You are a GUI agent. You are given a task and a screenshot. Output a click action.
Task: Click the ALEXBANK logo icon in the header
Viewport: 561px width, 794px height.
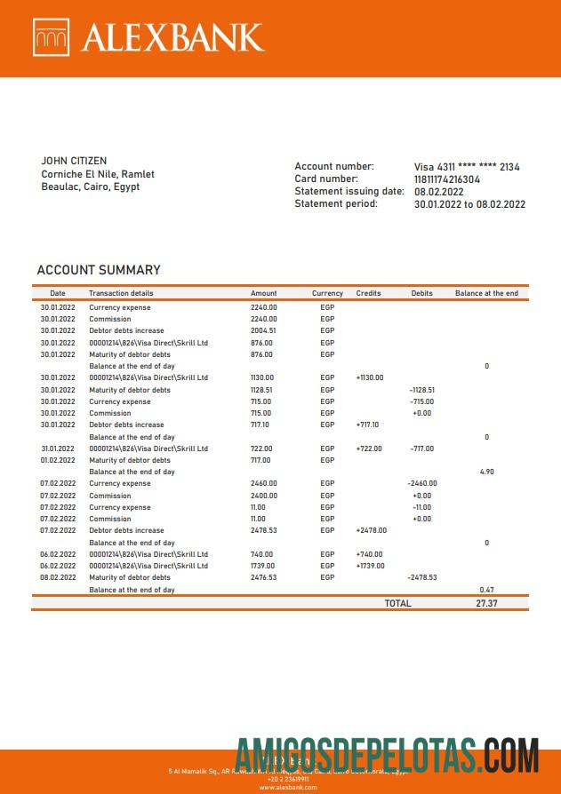click(x=51, y=37)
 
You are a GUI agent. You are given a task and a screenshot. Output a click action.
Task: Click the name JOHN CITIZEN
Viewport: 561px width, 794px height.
click(x=74, y=161)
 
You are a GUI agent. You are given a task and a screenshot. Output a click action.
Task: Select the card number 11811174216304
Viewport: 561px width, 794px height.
click(x=447, y=179)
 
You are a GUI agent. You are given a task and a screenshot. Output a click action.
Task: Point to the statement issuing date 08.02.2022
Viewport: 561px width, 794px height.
click(x=439, y=192)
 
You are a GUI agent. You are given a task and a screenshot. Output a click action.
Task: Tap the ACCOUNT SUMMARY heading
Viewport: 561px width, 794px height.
click(x=99, y=270)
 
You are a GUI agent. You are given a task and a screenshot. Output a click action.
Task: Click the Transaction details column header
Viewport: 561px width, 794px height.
click(x=121, y=293)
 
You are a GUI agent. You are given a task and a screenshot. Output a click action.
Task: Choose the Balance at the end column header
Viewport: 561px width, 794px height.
click(x=486, y=293)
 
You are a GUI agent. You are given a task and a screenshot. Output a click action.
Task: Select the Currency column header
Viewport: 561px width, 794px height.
click(x=327, y=293)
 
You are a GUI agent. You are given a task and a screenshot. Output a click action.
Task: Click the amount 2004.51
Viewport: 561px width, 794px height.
click(x=263, y=330)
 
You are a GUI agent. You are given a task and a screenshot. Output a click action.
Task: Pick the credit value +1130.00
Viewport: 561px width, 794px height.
click(x=370, y=377)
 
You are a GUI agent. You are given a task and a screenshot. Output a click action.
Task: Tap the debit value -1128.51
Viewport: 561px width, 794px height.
click(x=422, y=390)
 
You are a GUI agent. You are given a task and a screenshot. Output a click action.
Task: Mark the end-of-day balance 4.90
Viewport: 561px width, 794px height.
click(x=486, y=472)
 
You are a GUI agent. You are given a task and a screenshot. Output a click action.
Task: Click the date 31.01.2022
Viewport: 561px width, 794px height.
click(x=58, y=449)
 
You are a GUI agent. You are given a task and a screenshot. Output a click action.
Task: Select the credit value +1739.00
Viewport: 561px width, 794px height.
click(x=370, y=566)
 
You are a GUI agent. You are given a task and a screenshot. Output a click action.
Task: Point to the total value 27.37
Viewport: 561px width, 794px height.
click(x=486, y=603)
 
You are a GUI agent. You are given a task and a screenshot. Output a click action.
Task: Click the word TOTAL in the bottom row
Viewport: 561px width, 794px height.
click(x=397, y=603)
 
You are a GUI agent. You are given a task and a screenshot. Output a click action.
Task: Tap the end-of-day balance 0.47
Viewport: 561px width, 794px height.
click(x=486, y=590)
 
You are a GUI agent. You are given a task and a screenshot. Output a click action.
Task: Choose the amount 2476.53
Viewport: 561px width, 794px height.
click(x=263, y=577)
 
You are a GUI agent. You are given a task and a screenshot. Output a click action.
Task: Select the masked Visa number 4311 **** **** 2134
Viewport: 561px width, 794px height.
click(x=467, y=167)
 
